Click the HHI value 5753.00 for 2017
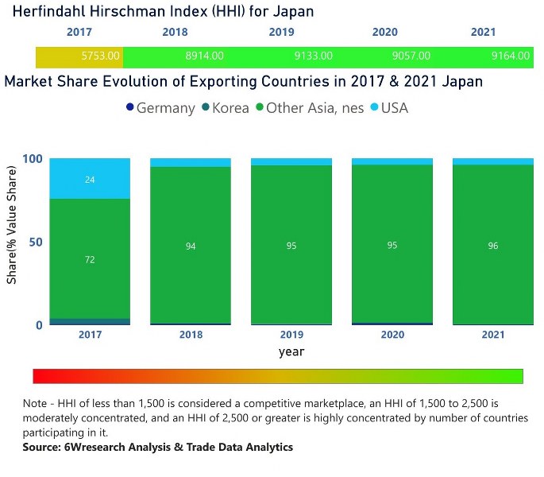101,56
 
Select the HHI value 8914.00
204,56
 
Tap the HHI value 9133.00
313,56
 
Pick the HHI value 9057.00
411,56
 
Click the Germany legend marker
130,108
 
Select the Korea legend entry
225,108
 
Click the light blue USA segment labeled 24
90,180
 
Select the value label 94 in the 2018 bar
191,246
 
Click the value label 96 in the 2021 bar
492,246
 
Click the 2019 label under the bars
291,335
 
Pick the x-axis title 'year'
291,351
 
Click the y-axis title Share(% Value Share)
12,225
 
